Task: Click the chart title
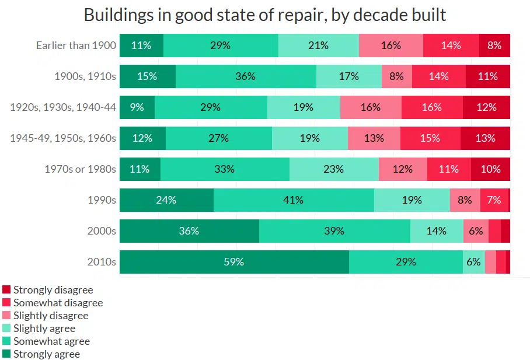point(264,15)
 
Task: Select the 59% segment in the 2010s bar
point(234,262)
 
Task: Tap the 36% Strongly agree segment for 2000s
point(189,231)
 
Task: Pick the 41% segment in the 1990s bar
point(294,200)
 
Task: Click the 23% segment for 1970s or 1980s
point(334,169)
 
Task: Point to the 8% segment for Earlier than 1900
point(494,46)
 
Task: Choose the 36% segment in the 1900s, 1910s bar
point(246,76)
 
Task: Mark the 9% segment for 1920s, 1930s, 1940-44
point(137,107)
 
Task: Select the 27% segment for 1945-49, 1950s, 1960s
point(219,138)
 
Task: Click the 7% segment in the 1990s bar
point(494,200)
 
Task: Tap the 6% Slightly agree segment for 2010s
point(473,262)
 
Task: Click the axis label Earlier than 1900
point(76,46)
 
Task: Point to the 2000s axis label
point(101,231)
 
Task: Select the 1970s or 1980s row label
point(81,169)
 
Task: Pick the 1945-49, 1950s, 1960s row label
point(64,138)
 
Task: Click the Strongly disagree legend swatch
point(6,290)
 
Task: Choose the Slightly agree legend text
point(44,328)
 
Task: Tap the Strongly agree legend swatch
point(6,354)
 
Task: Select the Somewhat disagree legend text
point(58,303)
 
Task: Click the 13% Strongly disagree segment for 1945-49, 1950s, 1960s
point(485,138)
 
